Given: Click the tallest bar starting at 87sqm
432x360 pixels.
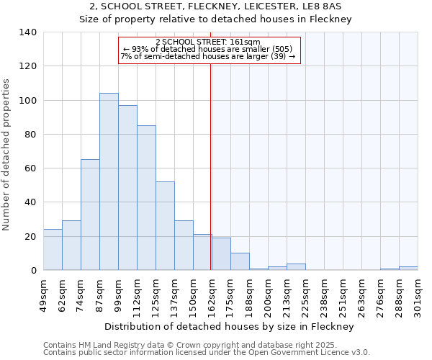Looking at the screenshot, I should [x=109, y=181].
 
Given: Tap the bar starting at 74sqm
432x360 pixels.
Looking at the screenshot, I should [x=90, y=215].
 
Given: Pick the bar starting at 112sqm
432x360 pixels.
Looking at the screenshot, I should [x=146, y=198].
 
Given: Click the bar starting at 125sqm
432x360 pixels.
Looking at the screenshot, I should [x=165, y=226].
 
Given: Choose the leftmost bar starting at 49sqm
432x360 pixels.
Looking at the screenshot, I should [x=53, y=250].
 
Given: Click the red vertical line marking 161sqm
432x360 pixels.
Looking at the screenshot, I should [x=211, y=166].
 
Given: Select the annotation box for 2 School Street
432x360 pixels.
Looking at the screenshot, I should [x=209, y=50].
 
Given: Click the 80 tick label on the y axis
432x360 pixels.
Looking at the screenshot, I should [x=31, y=135].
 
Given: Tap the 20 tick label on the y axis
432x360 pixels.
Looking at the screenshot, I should [x=31, y=237].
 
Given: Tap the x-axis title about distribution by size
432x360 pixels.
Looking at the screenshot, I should [x=229, y=327].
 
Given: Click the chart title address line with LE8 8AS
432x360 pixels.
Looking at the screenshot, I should [x=215, y=6].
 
